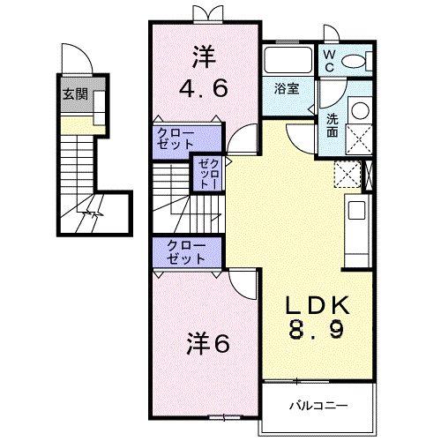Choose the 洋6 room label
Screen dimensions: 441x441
(x=208, y=342)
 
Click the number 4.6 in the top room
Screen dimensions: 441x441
(x=206, y=87)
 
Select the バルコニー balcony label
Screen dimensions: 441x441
(x=318, y=406)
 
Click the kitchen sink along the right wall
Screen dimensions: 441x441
(x=356, y=213)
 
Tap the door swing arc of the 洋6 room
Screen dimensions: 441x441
(x=242, y=284)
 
